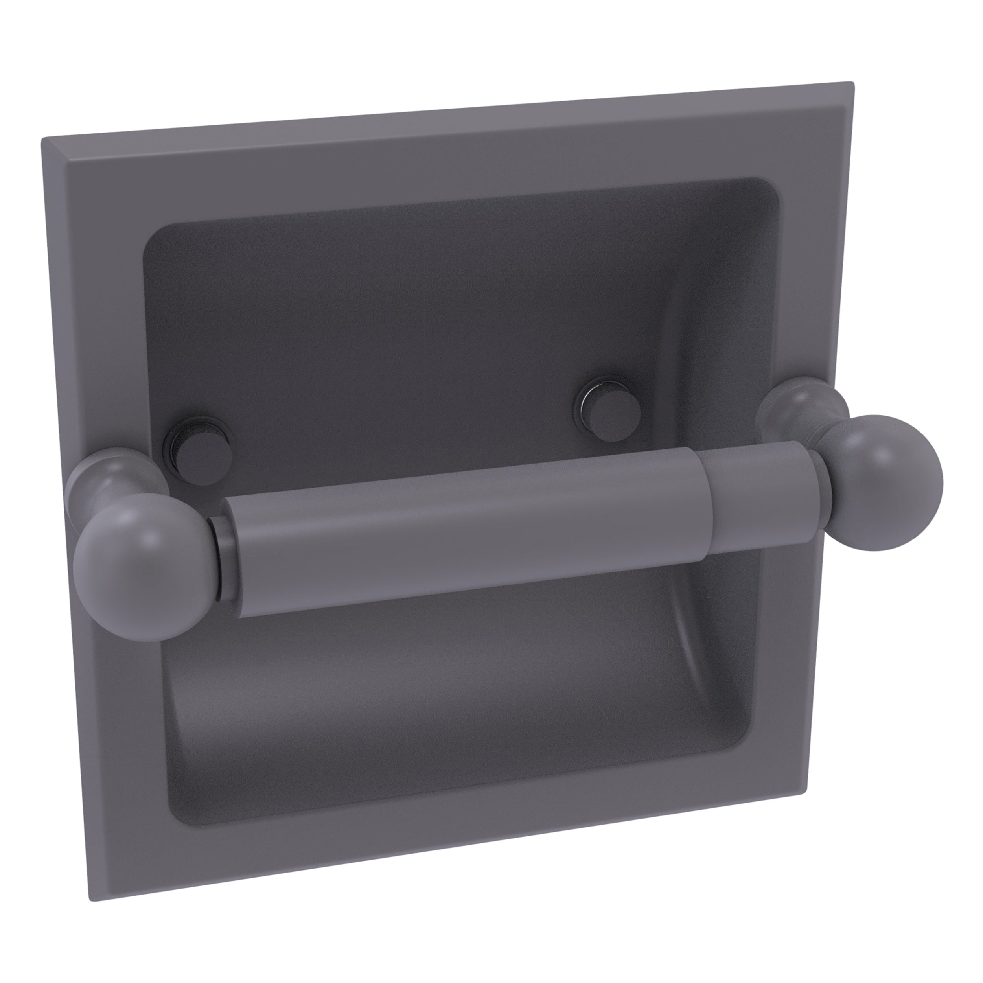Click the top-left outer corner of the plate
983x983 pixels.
coord(44,138)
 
